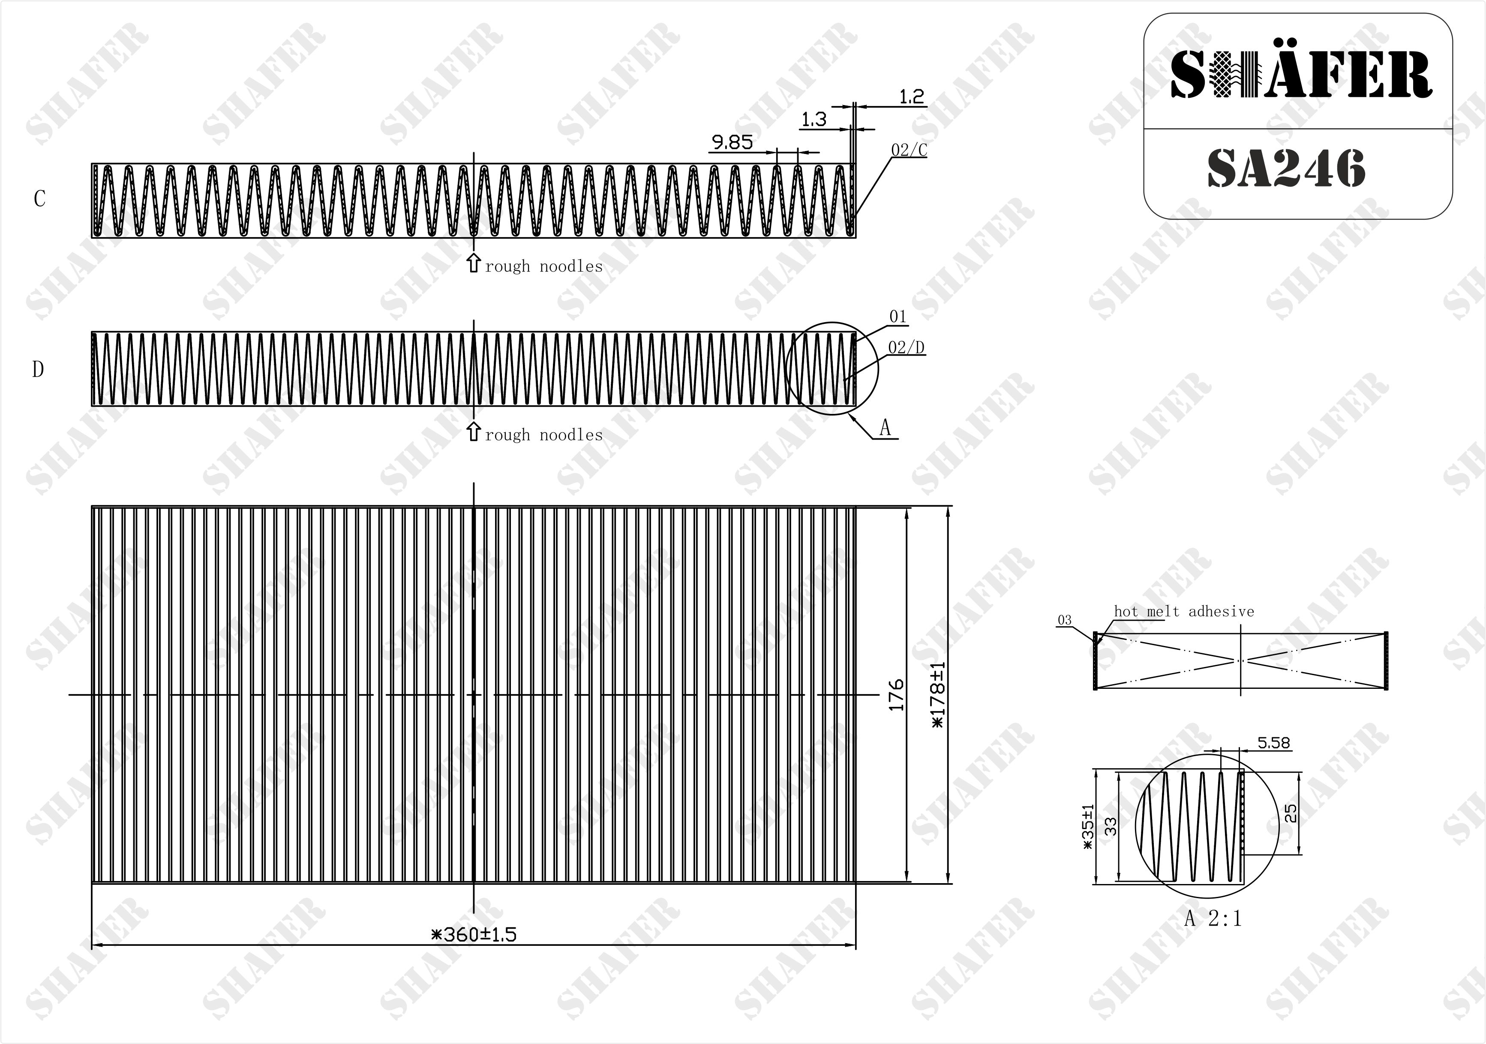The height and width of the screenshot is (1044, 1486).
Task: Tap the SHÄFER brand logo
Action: point(1301,76)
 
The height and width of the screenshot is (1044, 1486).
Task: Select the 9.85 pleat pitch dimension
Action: point(732,142)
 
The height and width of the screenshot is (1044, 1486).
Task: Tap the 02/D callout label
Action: point(906,348)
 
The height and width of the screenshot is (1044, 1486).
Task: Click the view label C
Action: point(39,199)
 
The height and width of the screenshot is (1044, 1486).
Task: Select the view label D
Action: point(38,369)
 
